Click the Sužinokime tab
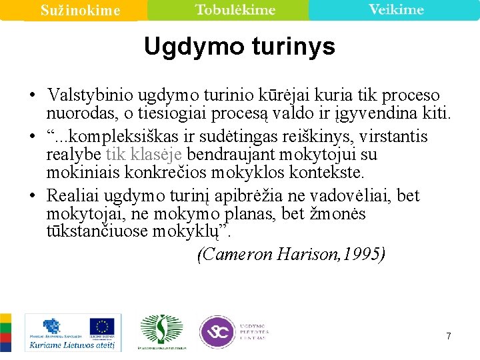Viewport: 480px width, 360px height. pos(80,10)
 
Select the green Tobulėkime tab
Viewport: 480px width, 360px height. pos(235,9)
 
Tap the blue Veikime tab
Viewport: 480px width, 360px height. pos(396,9)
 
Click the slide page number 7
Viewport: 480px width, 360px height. pos(449,336)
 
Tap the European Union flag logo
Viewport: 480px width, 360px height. pos(102,327)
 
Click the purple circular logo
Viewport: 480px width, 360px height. pos(217,331)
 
